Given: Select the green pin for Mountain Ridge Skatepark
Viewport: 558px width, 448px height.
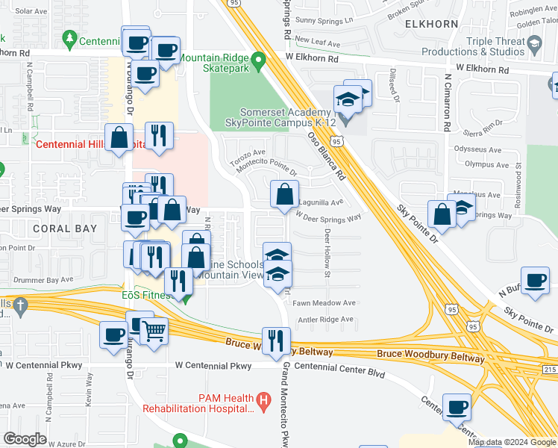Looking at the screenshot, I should click(259, 59).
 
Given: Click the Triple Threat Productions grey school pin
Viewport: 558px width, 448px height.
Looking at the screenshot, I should click(534, 46).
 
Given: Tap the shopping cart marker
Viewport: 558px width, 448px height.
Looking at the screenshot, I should click(154, 331).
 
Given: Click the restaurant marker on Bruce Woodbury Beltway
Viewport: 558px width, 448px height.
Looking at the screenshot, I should click(276, 340).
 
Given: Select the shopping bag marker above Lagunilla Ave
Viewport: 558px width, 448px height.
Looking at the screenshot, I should click(284, 195).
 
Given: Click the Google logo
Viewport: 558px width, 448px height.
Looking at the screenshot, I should click(25, 439).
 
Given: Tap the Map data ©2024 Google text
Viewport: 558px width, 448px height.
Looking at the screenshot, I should click(512, 443).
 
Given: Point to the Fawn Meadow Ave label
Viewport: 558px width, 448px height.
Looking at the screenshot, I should click(324, 303).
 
